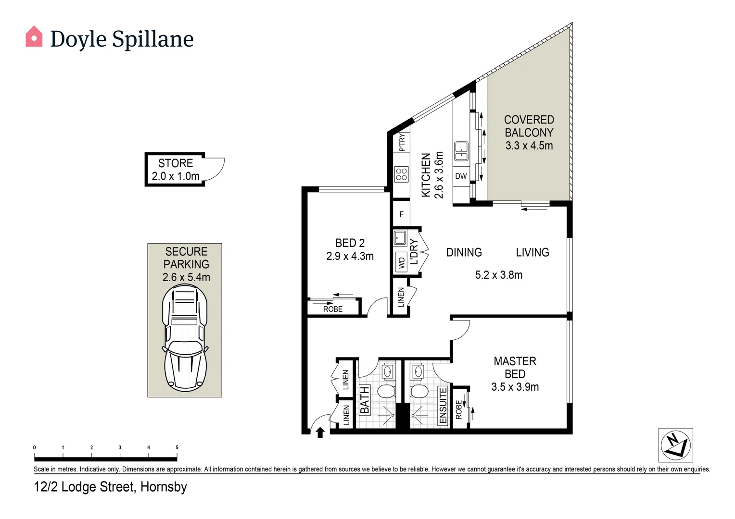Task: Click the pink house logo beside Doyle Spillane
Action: (x=34, y=37)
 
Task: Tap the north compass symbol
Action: (x=675, y=445)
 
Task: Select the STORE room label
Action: (x=176, y=163)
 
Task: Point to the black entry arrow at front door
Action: (x=320, y=433)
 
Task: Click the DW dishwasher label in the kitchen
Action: (x=461, y=176)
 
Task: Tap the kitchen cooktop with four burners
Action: (x=401, y=174)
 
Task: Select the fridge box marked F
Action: (x=401, y=214)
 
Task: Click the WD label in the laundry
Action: (x=402, y=263)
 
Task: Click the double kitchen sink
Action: (x=461, y=151)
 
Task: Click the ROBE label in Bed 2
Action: (x=333, y=309)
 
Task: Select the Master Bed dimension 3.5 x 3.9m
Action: (x=515, y=387)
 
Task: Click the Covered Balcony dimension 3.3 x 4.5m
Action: (x=529, y=146)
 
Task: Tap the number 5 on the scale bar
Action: (x=177, y=447)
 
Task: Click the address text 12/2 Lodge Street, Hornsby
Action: (x=110, y=487)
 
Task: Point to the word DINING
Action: (x=464, y=252)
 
